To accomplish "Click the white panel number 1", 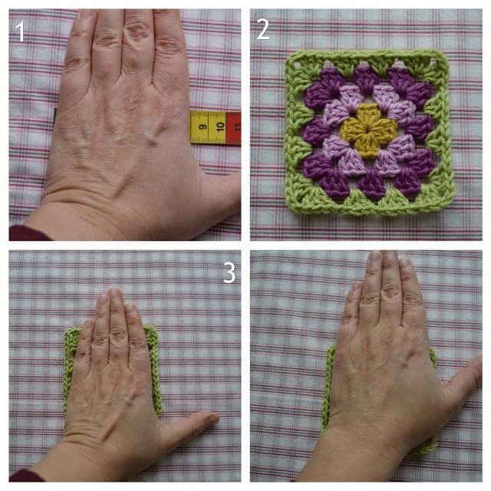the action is point(20,31).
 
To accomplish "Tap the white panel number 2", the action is point(263,29).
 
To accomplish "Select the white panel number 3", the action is point(229,273).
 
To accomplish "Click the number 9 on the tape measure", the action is point(203,127).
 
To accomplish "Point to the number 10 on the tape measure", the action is point(220,127).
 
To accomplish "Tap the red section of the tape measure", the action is point(233,127).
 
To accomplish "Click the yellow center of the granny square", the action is point(368,130).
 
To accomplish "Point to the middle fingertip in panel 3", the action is point(114,293).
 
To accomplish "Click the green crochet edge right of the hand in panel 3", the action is point(155,370).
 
